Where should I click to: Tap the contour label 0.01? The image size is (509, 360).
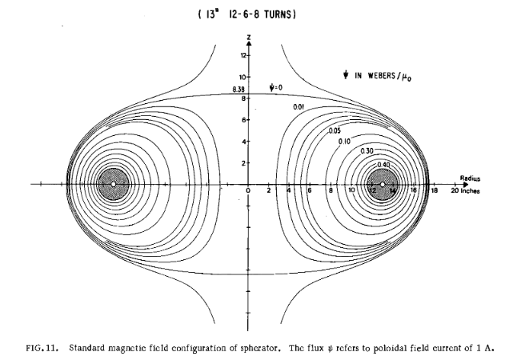point(298,107)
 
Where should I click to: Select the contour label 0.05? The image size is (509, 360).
point(335,130)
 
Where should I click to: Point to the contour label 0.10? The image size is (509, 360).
point(345,141)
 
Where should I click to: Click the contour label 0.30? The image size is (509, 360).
point(367,151)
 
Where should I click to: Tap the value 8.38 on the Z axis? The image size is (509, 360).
point(238,90)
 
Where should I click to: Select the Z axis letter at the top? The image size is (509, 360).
point(250,38)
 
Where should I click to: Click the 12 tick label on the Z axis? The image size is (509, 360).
point(242,55)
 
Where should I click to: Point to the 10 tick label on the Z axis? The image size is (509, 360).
point(242,77)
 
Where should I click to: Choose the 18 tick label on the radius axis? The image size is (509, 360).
point(435,192)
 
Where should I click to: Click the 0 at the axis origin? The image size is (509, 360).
point(248,192)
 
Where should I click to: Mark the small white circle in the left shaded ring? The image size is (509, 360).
point(114,184)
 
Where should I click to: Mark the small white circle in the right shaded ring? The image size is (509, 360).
point(383,184)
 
